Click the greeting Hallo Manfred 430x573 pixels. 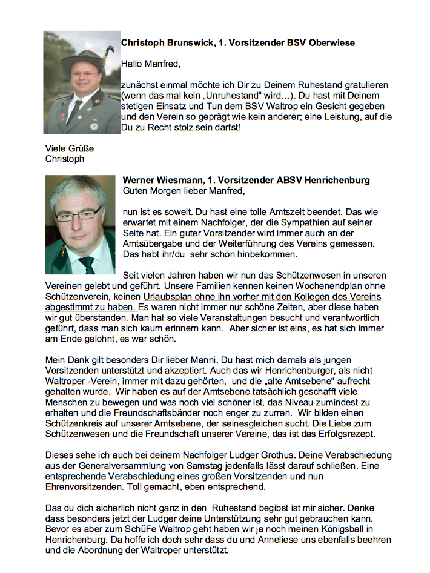[x=151, y=64]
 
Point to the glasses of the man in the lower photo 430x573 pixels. [x=78, y=214]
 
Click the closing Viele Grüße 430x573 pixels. [x=70, y=148]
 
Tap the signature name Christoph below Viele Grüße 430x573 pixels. [x=65, y=159]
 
